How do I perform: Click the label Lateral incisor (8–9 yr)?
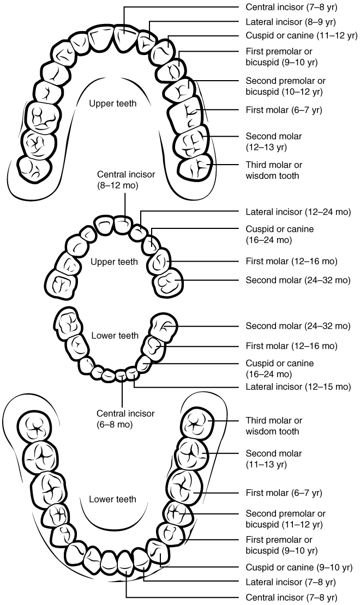(x=291, y=22)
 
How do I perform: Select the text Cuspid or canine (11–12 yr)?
(x=301, y=36)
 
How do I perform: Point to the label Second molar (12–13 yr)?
(x=273, y=141)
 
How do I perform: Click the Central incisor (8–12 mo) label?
(x=126, y=179)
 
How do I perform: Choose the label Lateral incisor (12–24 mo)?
(x=298, y=211)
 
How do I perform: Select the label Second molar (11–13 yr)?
(x=273, y=459)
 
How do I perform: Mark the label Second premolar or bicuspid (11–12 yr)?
(x=285, y=519)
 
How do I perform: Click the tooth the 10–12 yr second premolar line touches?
(x=183, y=88)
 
